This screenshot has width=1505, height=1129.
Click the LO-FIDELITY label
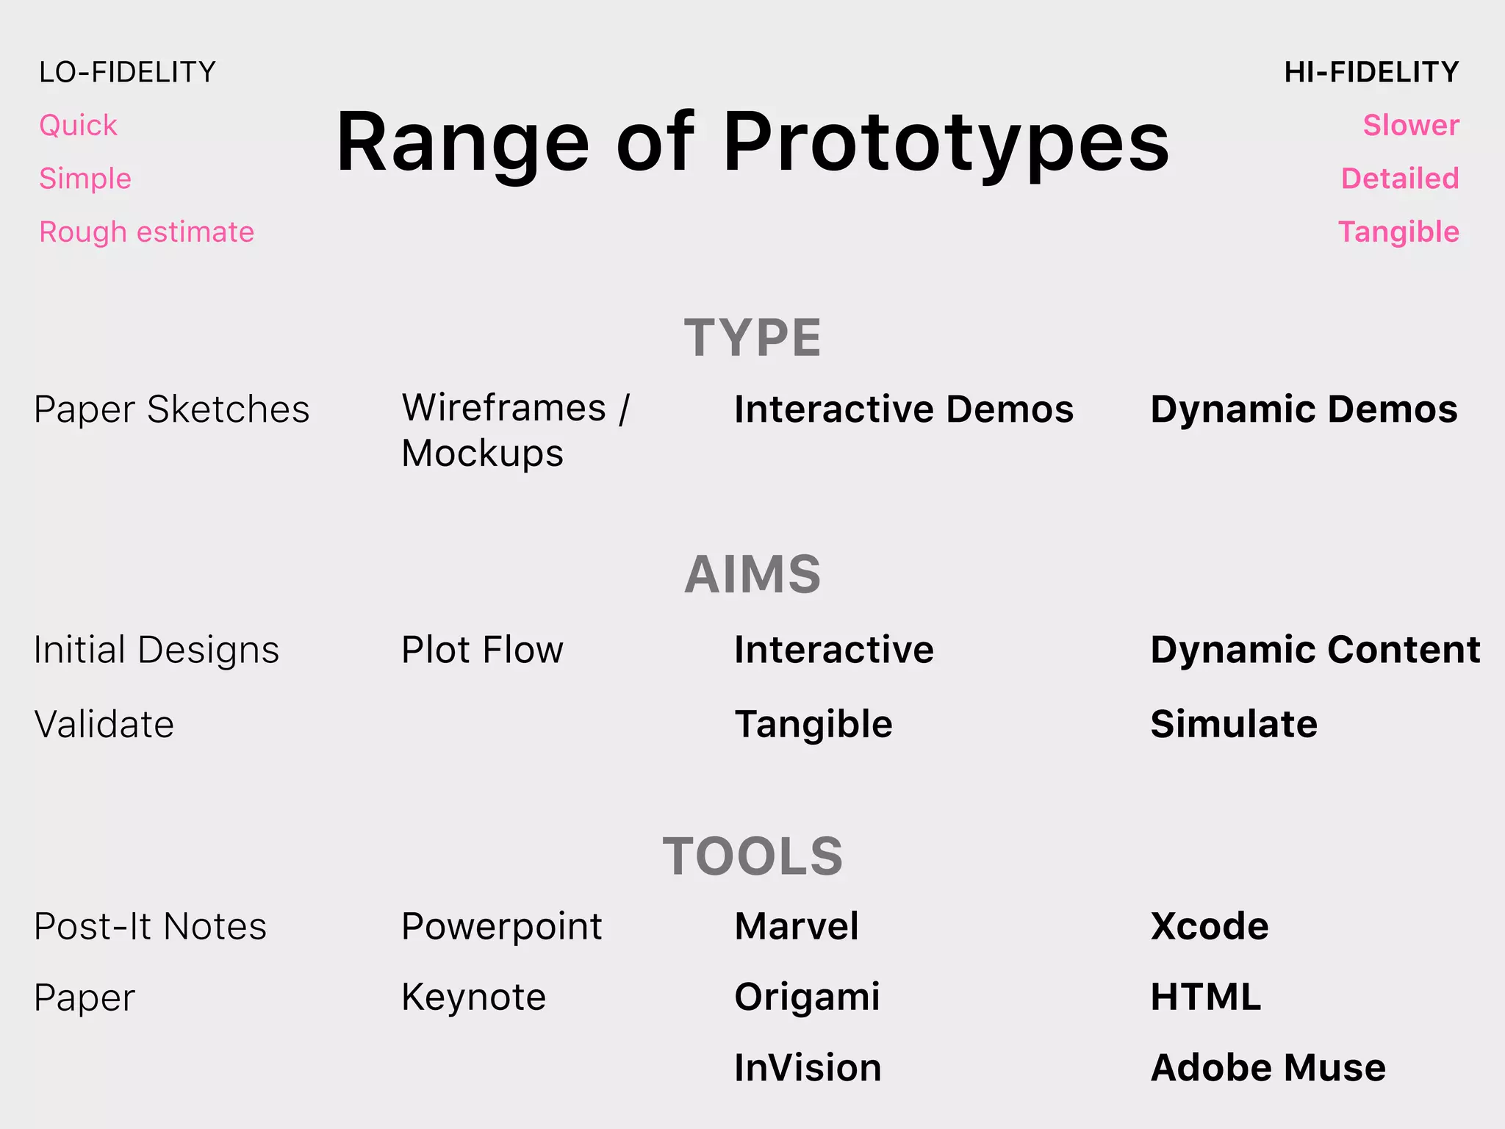click(x=127, y=72)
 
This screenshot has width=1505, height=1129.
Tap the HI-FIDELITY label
click(x=1371, y=72)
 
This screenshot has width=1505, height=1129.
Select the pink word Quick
click(x=78, y=126)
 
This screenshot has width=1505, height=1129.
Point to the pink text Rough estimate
click(x=146, y=232)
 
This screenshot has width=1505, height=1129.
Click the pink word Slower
click(x=1411, y=126)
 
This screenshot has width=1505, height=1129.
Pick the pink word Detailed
click(x=1400, y=179)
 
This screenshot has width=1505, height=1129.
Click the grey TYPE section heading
click(x=752, y=338)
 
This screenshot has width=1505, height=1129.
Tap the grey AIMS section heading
click(x=752, y=574)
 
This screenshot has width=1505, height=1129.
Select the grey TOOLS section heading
click(x=752, y=856)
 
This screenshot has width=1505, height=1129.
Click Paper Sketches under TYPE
click(x=171, y=409)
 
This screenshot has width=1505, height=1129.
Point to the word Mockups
click(x=482, y=454)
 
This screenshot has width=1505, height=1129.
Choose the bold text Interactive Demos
click(x=904, y=409)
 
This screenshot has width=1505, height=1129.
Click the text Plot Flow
click(x=482, y=650)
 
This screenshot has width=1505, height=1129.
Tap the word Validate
click(x=104, y=724)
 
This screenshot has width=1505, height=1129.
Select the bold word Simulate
click(x=1234, y=724)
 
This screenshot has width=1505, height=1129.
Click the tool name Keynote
click(x=473, y=997)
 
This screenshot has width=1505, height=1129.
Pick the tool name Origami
click(x=807, y=997)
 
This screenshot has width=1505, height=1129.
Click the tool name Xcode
click(x=1210, y=926)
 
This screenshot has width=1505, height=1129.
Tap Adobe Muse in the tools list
click(x=1268, y=1068)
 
